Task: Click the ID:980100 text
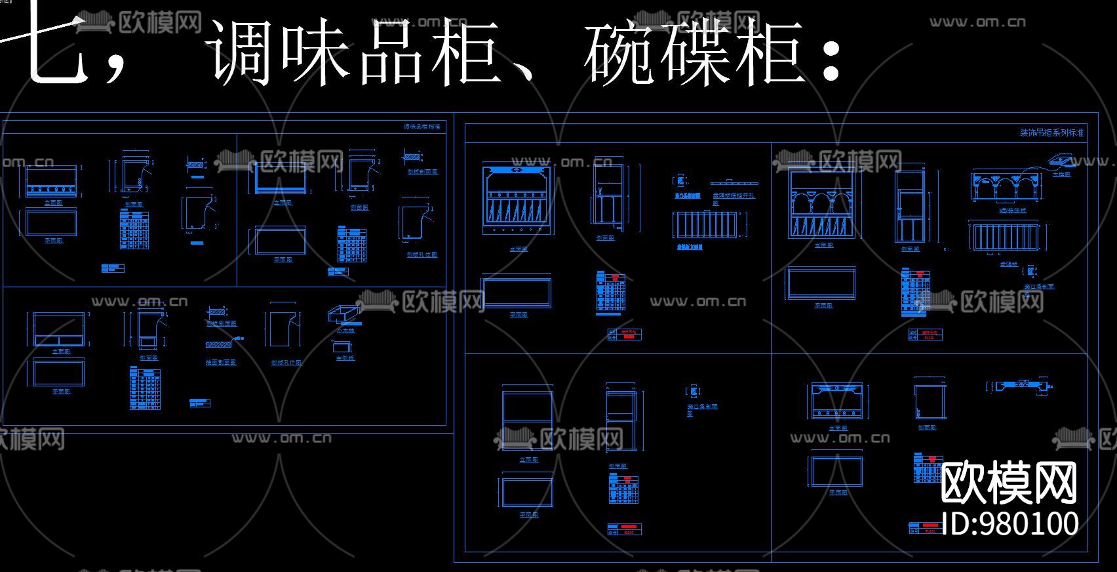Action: coord(1009,523)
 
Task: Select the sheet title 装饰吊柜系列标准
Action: coord(1051,133)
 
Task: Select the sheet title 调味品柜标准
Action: coord(421,127)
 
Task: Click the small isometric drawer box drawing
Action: coord(344,314)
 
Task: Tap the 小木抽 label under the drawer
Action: coord(345,331)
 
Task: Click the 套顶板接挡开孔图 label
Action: coord(734,197)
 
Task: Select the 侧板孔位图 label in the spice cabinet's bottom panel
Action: coord(286,362)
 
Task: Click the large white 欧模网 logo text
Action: coord(1009,483)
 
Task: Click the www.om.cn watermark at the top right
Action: coord(977,22)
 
